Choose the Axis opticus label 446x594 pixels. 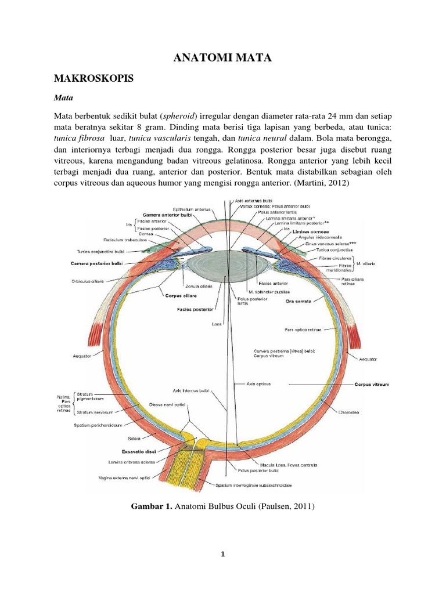[x=258, y=384]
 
